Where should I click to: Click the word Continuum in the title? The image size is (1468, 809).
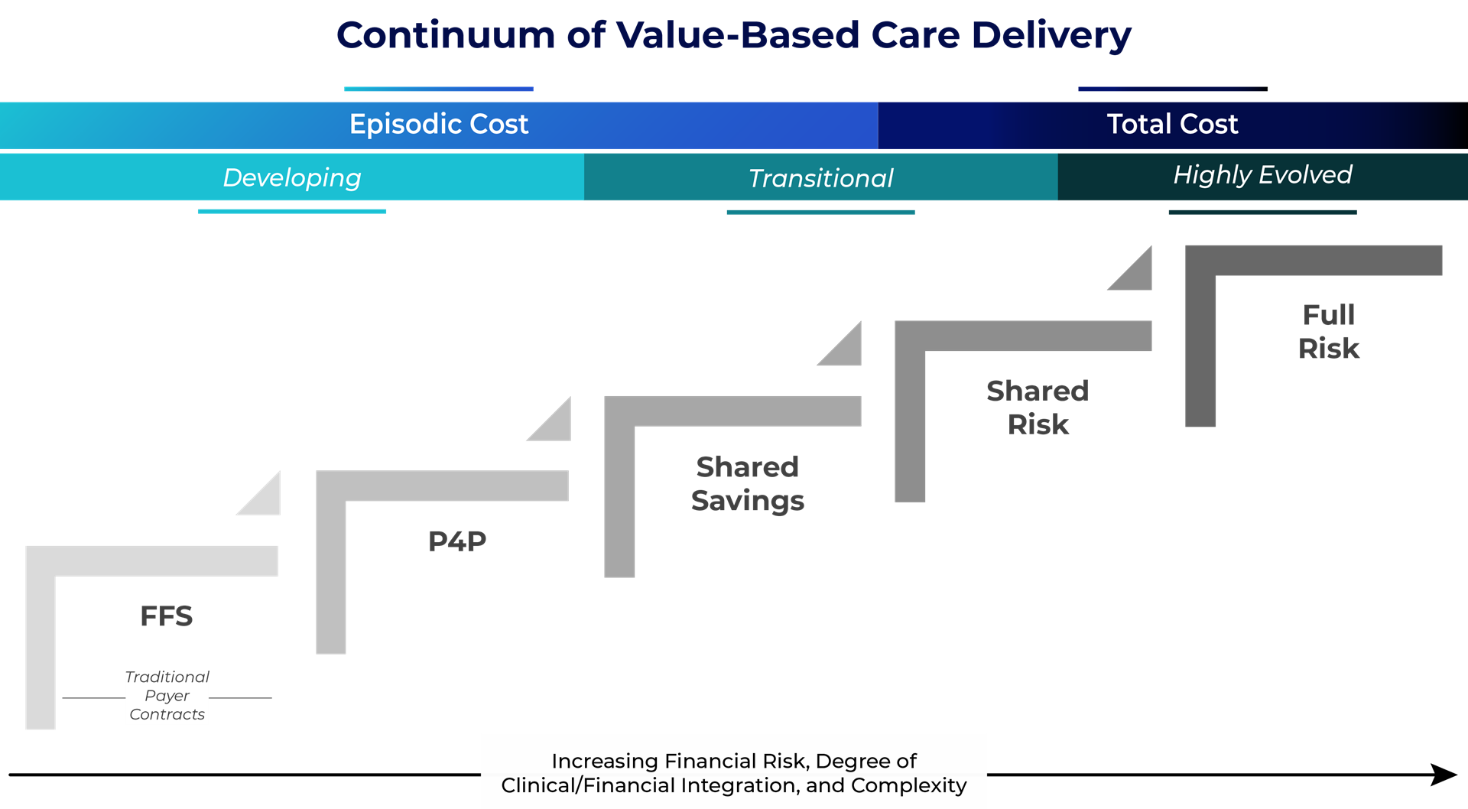[x=446, y=35]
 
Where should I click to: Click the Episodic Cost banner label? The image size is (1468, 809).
[x=438, y=124]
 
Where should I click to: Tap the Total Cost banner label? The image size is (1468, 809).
[x=1172, y=124]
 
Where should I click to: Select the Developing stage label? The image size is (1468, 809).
[x=292, y=177]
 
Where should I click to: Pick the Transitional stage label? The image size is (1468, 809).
[x=820, y=178]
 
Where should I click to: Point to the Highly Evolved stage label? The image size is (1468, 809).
[x=1262, y=175]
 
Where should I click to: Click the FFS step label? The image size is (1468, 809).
[x=167, y=616]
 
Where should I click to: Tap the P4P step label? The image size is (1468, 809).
[x=457, y=541]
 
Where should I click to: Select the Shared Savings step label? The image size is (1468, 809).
[x=747, y=483]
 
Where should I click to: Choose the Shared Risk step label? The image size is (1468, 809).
[x=1038, y=408]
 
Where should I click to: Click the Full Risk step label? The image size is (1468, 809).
[x=1329, y=332]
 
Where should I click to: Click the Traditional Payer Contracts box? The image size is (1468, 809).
[x=167, y=697]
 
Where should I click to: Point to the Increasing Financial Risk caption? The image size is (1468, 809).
[x=734, y=773]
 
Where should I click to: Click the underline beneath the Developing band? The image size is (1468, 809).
[x=292, y=211]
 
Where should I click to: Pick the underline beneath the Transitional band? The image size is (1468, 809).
[x=820, y=212]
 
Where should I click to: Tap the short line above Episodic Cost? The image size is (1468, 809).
[x=438, y=89]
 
